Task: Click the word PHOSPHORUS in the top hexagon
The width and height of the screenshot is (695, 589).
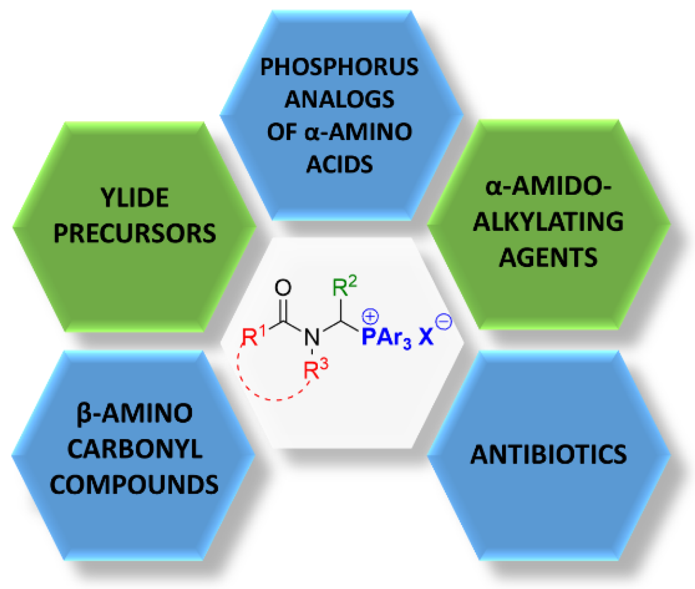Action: pos(339,67)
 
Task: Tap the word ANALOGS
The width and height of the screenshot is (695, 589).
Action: pos(339,99)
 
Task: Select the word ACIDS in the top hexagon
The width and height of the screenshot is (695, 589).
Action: pos(339,165)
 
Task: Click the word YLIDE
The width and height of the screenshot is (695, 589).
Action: pos(134,198)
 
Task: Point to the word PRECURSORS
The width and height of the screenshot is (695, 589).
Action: pos(134,233)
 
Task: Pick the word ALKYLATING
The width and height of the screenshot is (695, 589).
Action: pos(548,222)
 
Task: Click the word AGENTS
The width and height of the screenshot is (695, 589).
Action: pos(548,257)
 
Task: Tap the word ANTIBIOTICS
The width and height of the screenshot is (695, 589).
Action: pos(548,455)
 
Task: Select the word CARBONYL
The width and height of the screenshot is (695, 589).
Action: pos(134,450)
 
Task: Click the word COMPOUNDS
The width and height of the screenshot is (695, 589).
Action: pos(134,485)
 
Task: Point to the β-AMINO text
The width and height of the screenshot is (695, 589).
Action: pos(134,414)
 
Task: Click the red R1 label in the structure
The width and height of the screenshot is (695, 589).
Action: pos(253,336)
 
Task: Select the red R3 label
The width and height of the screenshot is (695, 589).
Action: pos(316,369)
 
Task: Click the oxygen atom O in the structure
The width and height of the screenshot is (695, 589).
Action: pos(283,288)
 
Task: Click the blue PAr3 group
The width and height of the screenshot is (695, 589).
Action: pos(386,338)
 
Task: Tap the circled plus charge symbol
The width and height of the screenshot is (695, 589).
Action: pos(370,316)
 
